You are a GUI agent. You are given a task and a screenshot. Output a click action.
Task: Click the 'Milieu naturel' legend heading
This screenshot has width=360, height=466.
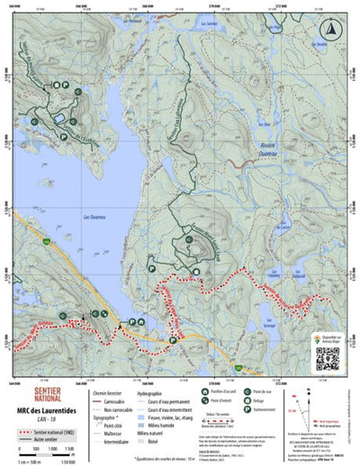[151, 430]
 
